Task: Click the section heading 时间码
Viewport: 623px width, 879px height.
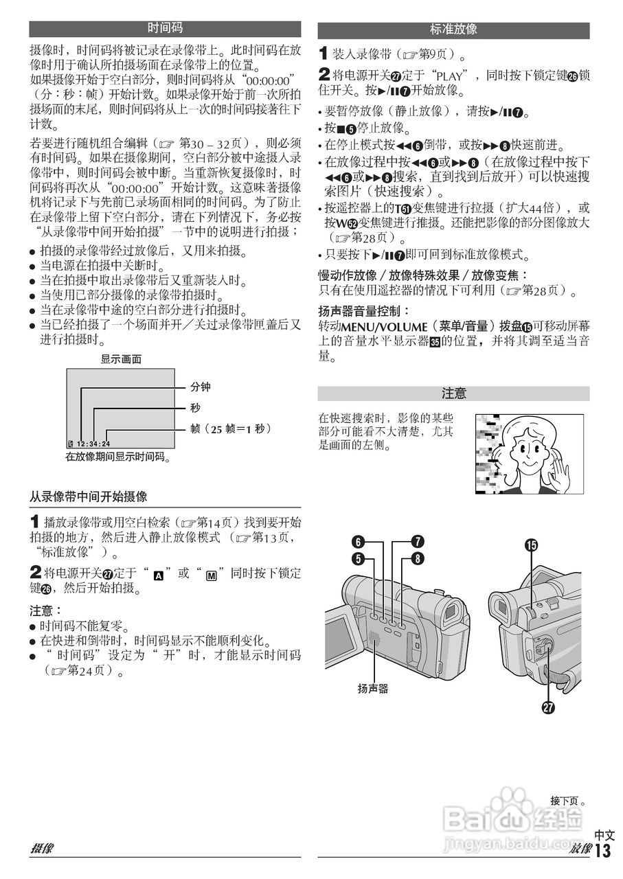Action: pyautogui.click(x=165, y=29)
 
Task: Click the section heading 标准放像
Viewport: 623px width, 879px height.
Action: pyautogui.click(x=453, y=30)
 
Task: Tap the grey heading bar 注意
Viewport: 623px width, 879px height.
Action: pyautogui.click(x=453, y=393)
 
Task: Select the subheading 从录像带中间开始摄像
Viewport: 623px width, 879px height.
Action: pyautogui.click(x=88, y=496)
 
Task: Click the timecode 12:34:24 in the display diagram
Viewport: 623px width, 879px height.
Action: pyautogui.click(x=93, y=444)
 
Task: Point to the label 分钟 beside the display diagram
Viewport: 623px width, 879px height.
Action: pyautogui.click(x=201, y=387)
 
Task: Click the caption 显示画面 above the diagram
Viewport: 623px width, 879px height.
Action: pyautogui.click(x=122, y=358)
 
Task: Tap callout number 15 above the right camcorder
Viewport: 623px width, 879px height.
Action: pyautogui.click(x=531, y=545)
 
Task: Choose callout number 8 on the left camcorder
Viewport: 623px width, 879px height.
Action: pyautogui.click(x=418, y=558)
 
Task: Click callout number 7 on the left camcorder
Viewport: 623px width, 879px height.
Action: pyautogui.click(x=418, y=541)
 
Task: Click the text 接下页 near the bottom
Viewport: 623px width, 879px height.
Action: pyautogui.click(x=565, y=800)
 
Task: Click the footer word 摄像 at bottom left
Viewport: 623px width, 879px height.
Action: pyautogui.click(x=42, y=849)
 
